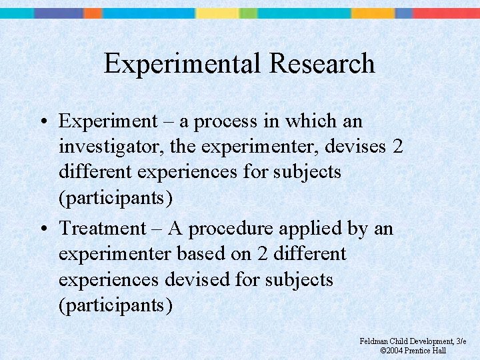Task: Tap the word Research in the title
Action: pyautogui.click(x=322, y=64)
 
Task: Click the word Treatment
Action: pyautogui.click(x=102, y=229)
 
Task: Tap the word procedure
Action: pyautogui.click(x=231, y=229)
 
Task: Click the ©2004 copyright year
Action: pyautogui.click(x=392, y=351)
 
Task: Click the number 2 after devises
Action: pyautogui.click(x=397, y=147)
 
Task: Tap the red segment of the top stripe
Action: pyautogui.click(x=446, y=13)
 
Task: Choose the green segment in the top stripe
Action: pyautogui.click(x=248, y=13)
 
